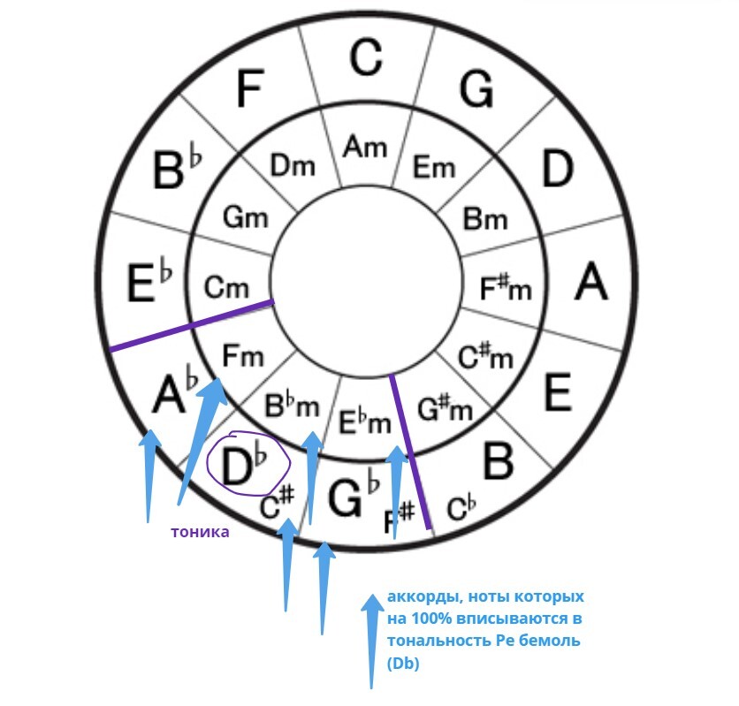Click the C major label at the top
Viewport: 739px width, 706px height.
[x=365, y=57]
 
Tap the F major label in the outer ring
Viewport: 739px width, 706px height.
[x=250, y=87]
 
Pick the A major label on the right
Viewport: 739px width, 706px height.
[x=591, y=283]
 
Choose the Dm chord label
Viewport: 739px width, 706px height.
[x=293, y=165]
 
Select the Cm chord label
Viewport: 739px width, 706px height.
[x=226, y=287]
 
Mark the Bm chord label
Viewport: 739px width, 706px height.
[x=484, y=218]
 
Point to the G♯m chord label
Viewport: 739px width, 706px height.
[x=443, y=409]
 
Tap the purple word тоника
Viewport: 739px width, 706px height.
[x=200, y=532]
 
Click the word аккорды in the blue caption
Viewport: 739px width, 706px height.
[x=417, y=597]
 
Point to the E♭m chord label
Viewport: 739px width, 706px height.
[x=365, y=422]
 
